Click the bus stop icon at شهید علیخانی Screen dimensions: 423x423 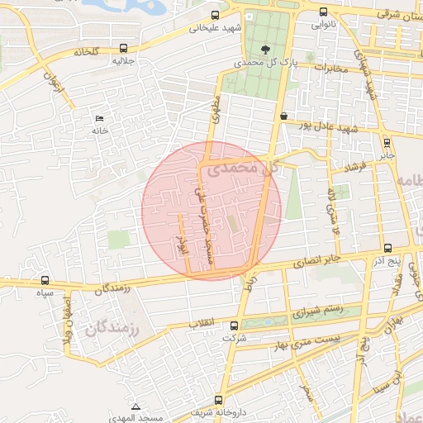tap(216, 15)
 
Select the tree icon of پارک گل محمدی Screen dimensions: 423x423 tap(265, 48)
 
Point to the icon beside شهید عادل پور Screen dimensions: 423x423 tap(283, 116)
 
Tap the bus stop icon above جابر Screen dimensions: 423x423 tap(388, 142)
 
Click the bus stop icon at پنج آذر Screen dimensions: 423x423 tap(387, 249)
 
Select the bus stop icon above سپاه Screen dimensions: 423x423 tap(45, 280)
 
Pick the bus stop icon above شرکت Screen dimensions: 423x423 tap(234, 326)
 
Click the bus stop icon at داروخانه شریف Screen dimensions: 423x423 tap(218, 399)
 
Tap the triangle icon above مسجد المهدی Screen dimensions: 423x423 tap(135, 407)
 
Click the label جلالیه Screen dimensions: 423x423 tap(123, 61)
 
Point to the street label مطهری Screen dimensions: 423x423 tap(216, 108)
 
